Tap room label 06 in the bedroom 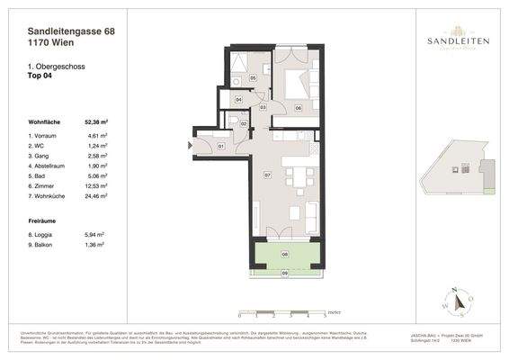(298, 107)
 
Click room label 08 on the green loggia (285, 255)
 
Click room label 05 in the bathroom (253, 79)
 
